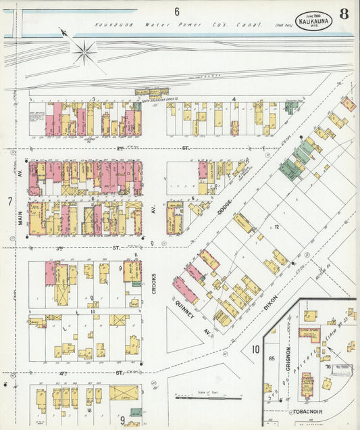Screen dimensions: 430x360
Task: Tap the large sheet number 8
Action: coord(344,13)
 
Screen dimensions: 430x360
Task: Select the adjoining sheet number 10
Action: coord(256,349)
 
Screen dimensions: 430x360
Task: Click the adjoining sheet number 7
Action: coord(9,201)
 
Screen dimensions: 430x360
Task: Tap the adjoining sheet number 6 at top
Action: coord(176,11)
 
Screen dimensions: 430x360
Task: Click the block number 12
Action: coord(276,227)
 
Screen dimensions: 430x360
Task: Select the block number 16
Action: coord(88,409)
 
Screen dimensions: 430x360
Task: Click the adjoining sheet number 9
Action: coord(122,420)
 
